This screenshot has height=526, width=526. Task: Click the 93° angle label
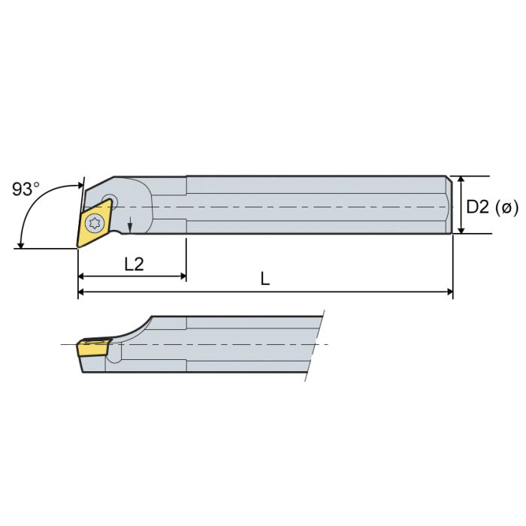[x=26, y=189]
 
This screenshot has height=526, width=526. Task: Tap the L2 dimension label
[x=134, y=264]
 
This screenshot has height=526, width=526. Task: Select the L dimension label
[x=265, y=279]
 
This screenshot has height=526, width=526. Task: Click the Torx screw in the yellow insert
[x=95, y=222]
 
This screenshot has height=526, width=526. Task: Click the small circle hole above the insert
[x=110, y=201]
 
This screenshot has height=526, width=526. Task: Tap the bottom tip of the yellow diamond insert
[x=78, y=246]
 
